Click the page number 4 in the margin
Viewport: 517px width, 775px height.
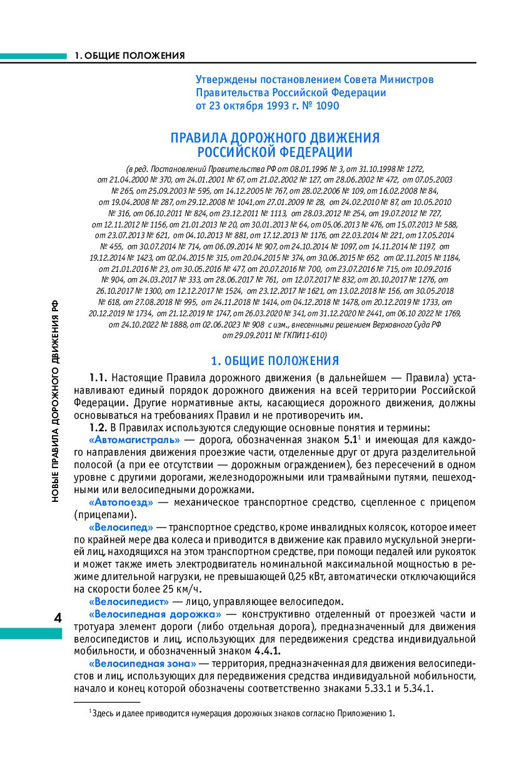click(58, 617)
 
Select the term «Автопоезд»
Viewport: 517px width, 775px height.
click(121, 502)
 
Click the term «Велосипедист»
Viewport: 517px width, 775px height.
click(129, 601)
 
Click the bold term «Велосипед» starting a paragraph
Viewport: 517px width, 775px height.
click(121, 527)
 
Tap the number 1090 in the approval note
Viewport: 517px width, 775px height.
click(325, 106)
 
